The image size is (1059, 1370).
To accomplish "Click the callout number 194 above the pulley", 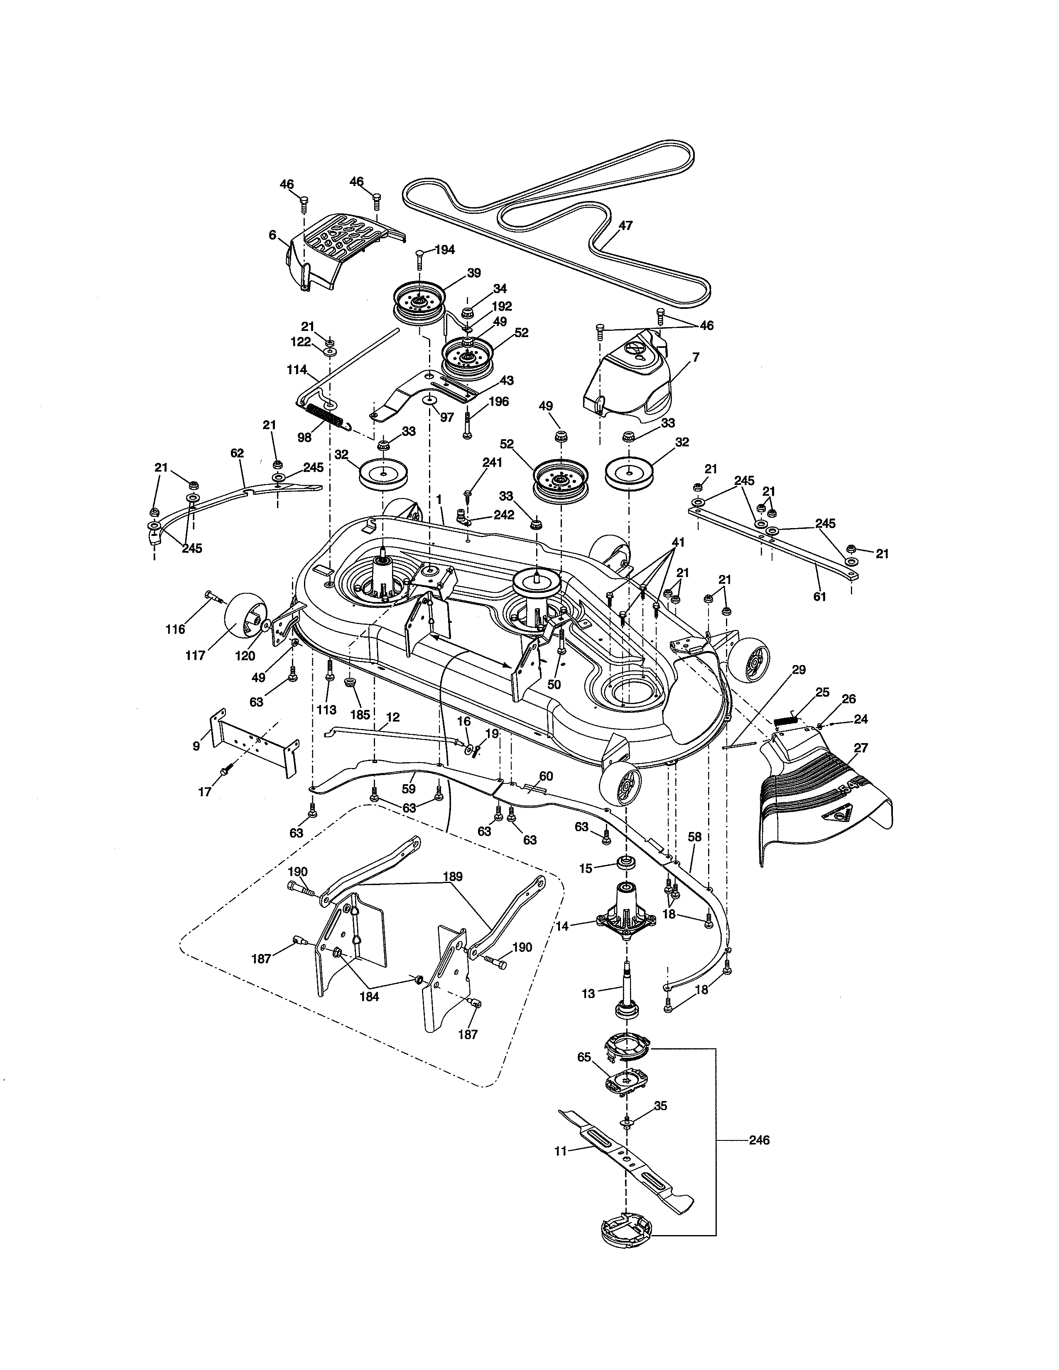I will tap(444, 250).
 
